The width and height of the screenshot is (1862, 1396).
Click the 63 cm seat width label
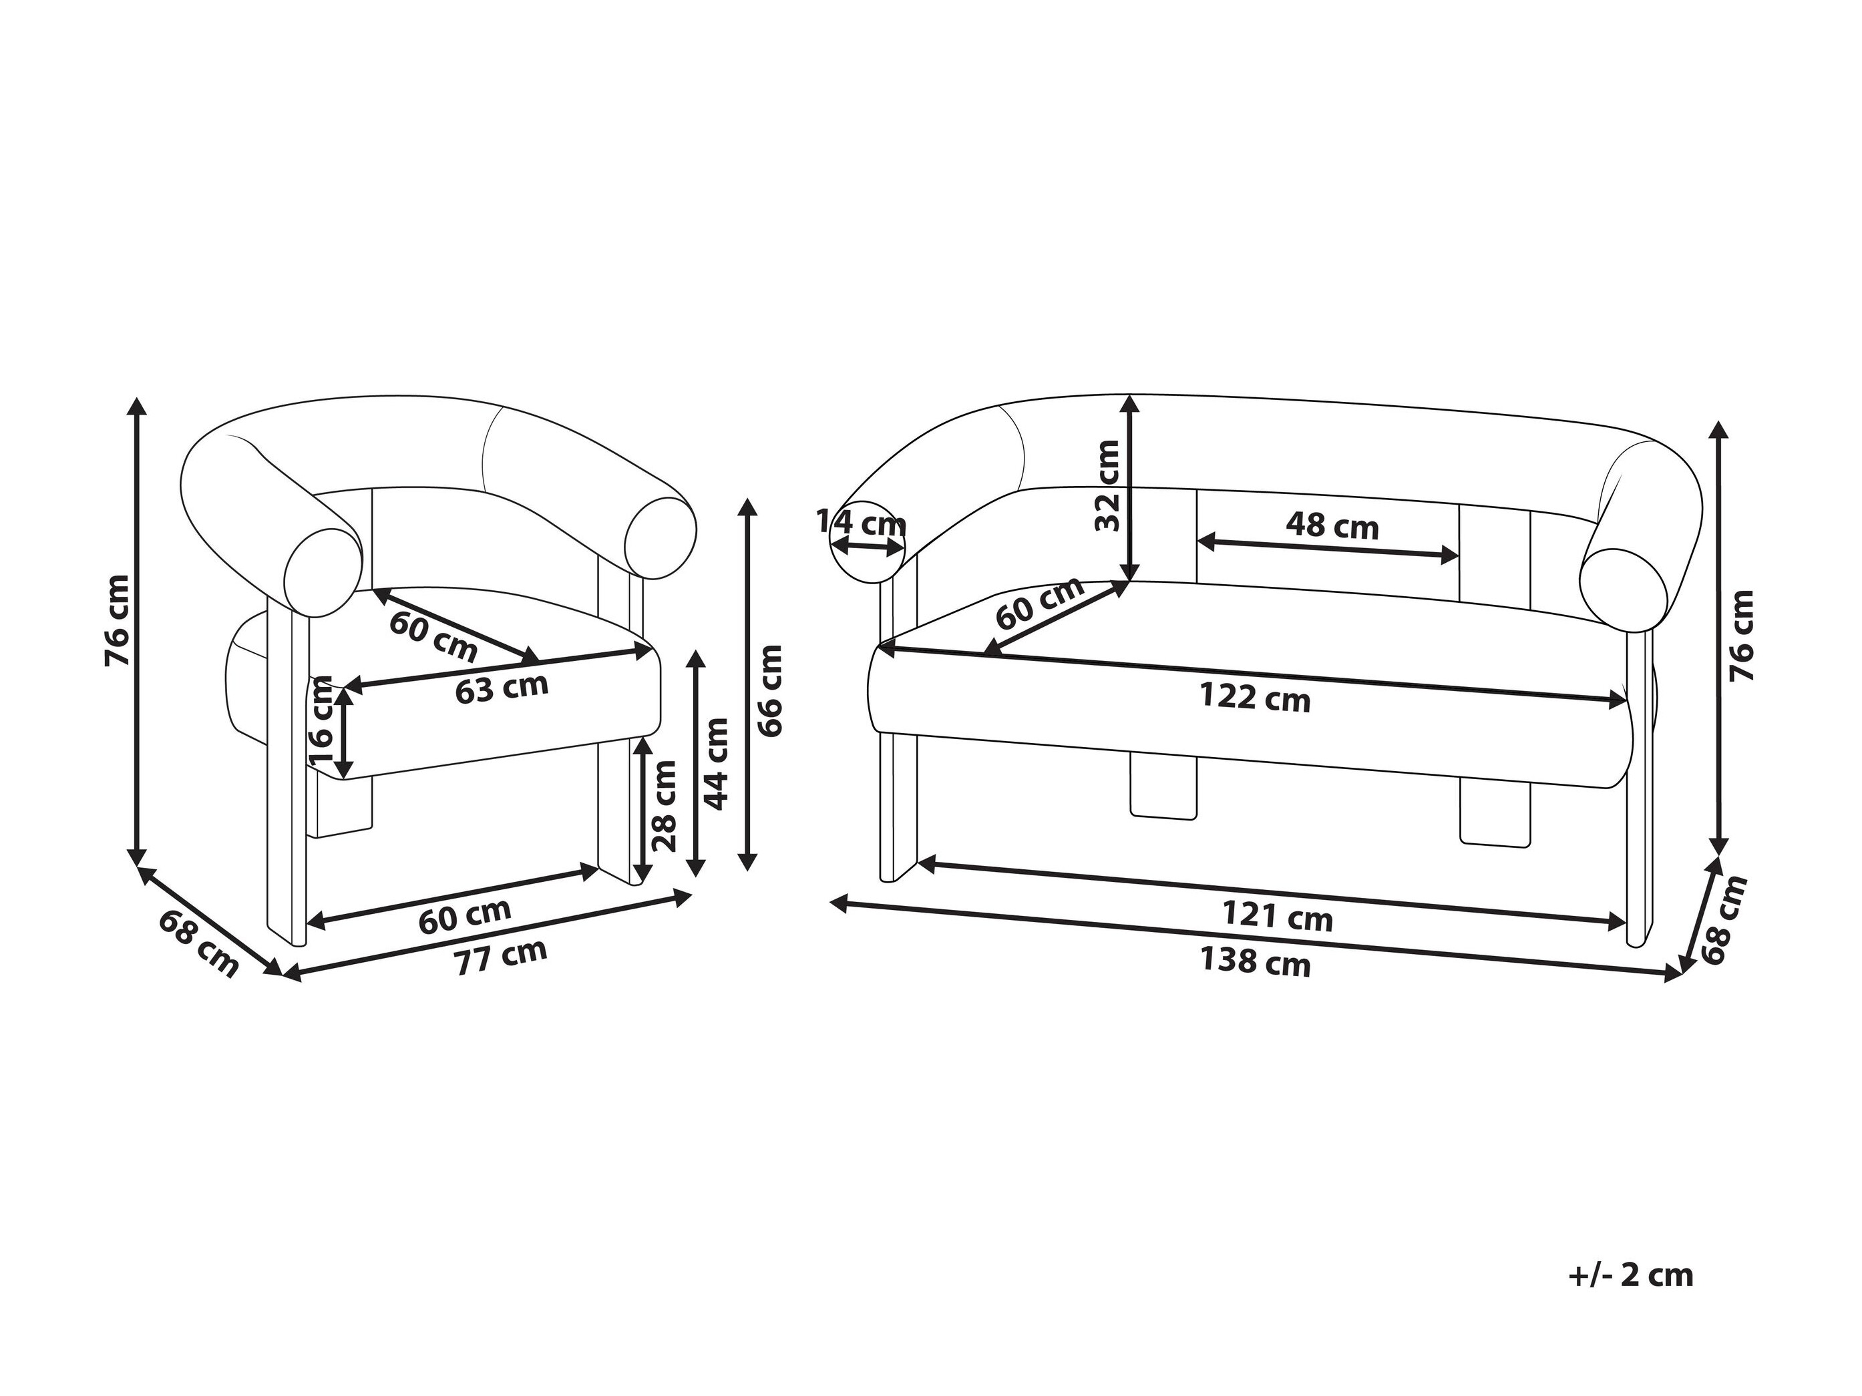click(x=502, y=688)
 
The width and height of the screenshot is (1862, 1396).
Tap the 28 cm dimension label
click(x=663, y=805)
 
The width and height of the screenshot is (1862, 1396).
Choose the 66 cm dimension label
click(x=769, y=691)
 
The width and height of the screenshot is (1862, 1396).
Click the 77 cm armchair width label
click(x=502, y=957)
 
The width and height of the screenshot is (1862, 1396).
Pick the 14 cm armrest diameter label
click(x=861, y=523)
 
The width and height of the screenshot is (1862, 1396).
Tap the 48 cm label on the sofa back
click(x=1332, y=527)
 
